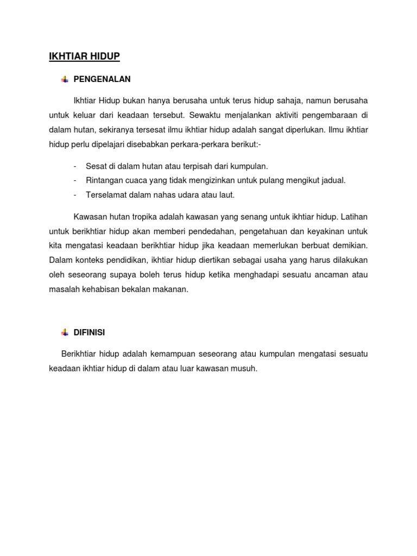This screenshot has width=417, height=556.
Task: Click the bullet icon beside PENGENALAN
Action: click(x=65, y=79)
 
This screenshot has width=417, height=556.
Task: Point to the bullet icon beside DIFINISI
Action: click(x=65, y=332)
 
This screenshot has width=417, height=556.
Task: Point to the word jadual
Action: click(x=334, y=180)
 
